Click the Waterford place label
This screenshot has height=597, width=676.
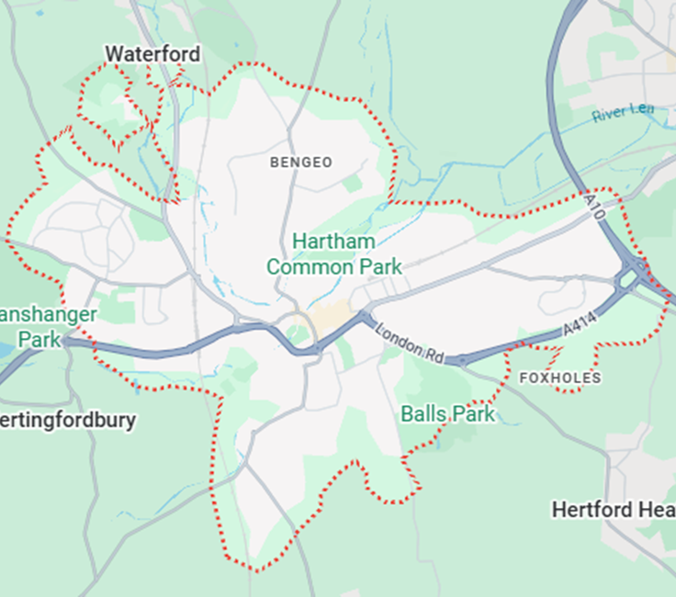tap(152, 54)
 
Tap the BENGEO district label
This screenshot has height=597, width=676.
tap(300, 163)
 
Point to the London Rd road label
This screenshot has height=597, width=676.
tap(411, 341)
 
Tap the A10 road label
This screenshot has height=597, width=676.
tap(596, 204)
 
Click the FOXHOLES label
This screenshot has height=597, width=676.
tap(559, 378)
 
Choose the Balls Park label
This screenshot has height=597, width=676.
tap(447, 414)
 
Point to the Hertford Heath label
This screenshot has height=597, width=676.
tap(614, 510)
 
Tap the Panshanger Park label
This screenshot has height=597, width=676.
tap(46, 327)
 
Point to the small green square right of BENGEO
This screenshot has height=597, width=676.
tap(353, 184)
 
